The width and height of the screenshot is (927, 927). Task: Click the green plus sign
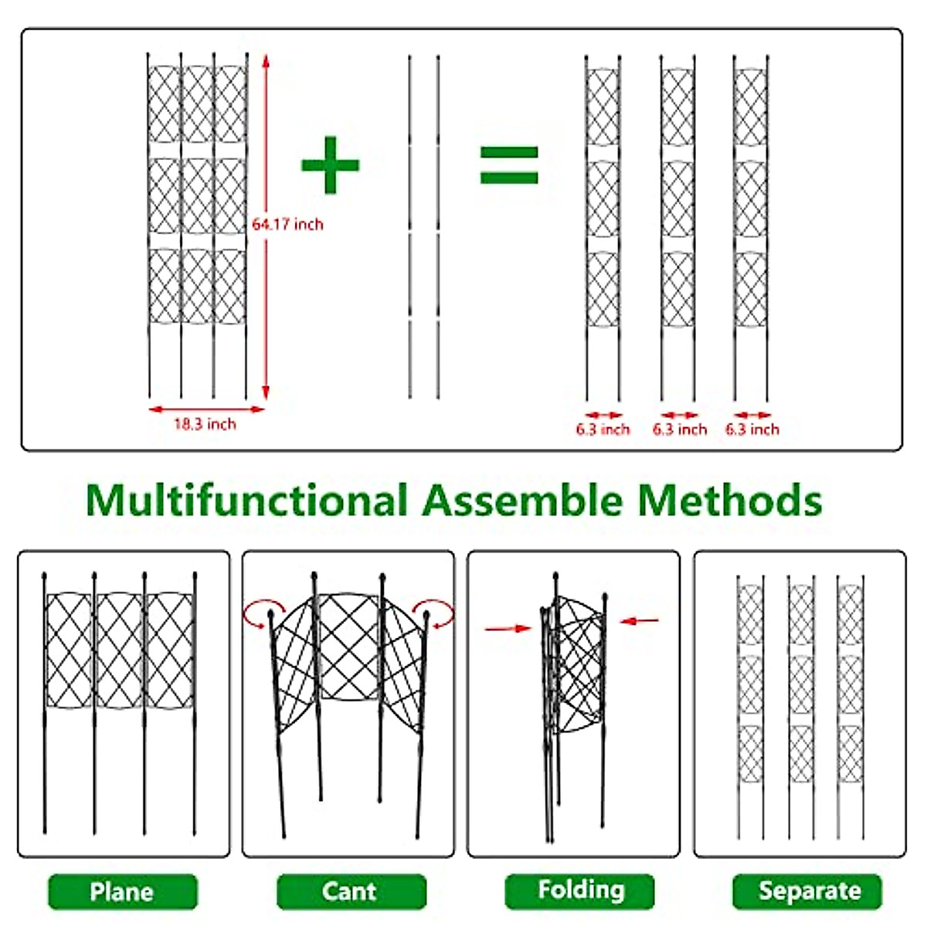330,165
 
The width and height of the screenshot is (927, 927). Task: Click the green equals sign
509,165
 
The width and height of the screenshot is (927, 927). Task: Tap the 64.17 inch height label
288,224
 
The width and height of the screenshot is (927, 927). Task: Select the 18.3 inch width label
205,424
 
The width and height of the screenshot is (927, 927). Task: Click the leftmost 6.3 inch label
603,430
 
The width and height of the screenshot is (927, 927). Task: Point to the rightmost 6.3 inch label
752,430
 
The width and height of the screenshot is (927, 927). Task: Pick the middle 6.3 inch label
680,430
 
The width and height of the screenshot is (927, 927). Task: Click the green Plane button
122,891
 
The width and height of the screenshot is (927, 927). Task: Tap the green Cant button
350,891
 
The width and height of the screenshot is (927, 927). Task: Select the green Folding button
580,891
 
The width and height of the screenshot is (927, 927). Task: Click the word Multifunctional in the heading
246,500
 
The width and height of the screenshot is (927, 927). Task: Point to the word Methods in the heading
729,500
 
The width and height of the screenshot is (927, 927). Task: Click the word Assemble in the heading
522,500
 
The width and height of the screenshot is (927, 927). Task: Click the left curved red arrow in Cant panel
259,613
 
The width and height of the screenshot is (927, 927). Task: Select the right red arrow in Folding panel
640,620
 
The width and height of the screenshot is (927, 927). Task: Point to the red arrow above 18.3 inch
206,409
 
